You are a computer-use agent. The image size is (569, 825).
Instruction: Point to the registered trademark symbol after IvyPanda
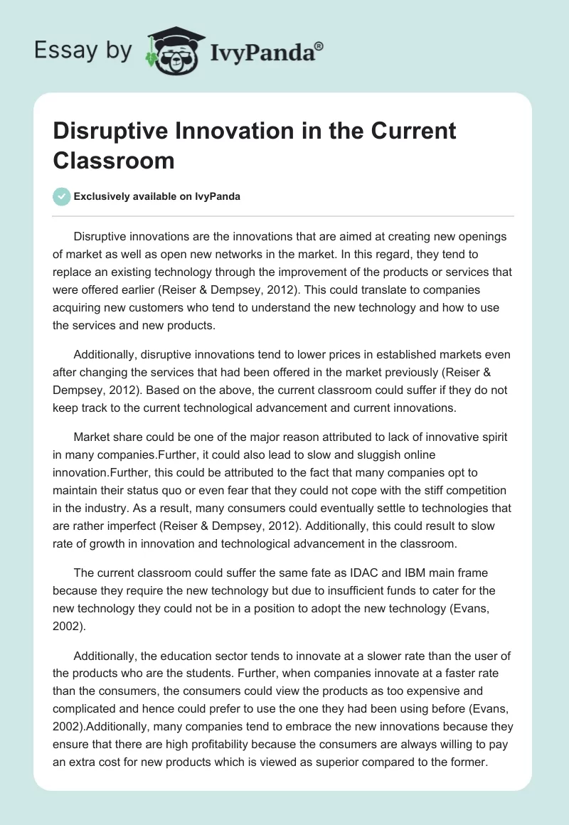pyautogui.click(x=319, y=45)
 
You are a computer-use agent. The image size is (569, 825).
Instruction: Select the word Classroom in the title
pyautogui.click(x=114, y=160)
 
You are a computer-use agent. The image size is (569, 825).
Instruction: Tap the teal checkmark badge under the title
pyautogui.click(x=62, y=196)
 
